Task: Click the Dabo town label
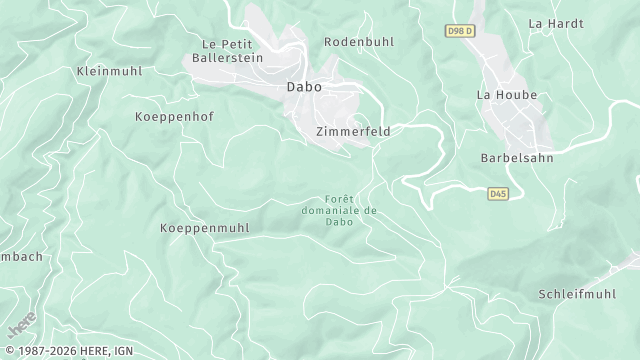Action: click(304, 87)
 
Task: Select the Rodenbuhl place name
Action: click(359, 42)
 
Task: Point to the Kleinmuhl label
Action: click(109, 72)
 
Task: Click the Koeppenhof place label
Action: click(174, 117)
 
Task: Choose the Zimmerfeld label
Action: click(352, 131)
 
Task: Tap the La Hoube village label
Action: click(507, 95)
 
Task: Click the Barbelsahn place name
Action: click(517, 158)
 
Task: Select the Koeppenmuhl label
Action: click(204, 228)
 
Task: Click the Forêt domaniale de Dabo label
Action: click(339, 210)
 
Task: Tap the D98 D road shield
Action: click(459, 32)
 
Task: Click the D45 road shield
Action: click(497, 193)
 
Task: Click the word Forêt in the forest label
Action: click(339, 199)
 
